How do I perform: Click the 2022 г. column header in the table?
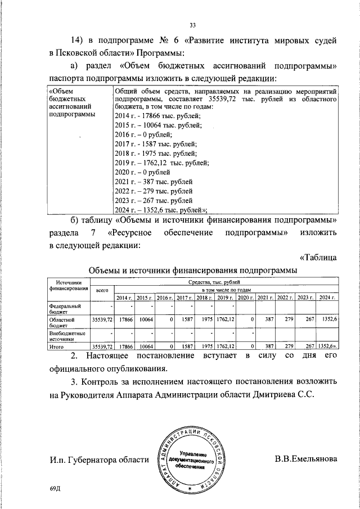286,297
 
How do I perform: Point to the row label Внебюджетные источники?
67,336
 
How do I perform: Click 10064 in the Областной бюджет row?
145,319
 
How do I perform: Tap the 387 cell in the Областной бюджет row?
268,319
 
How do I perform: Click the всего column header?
102,290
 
